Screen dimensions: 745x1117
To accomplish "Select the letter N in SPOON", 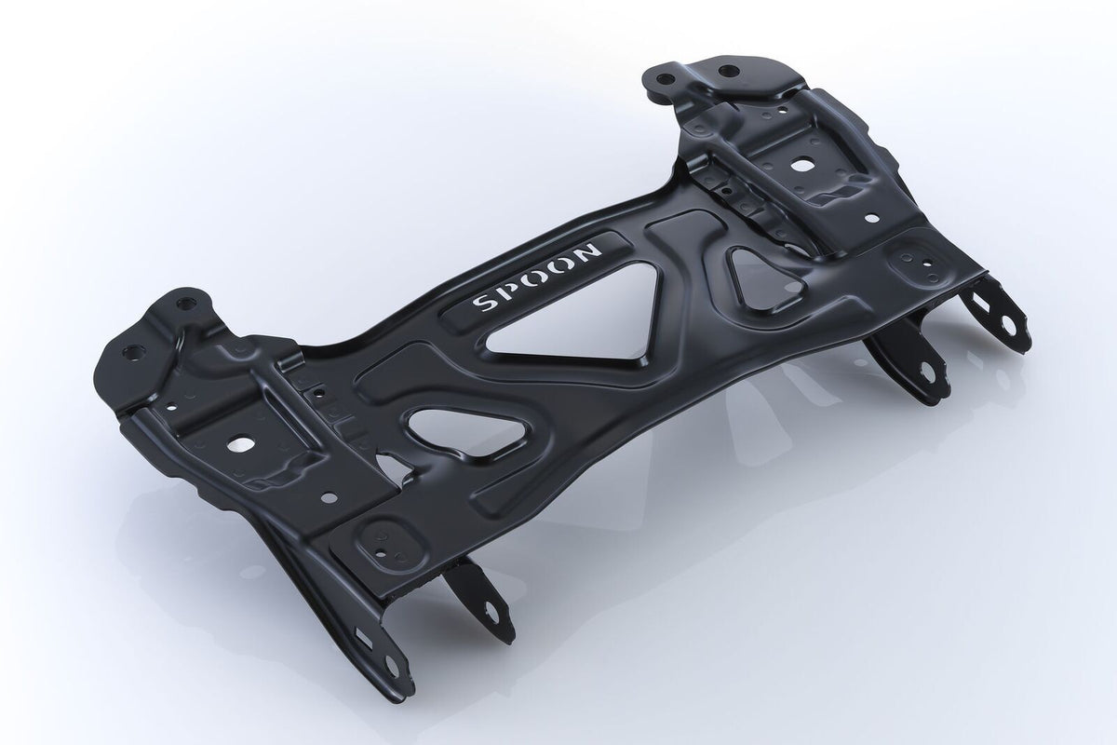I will pyautogui.click(x=591, y=250).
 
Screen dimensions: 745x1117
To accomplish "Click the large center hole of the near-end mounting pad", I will pyautogui.click(x=250, y=443).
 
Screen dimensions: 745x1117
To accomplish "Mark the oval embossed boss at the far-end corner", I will pyautogui.click(x=908, y=264).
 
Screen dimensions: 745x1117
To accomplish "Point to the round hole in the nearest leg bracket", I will pyautogui.click(x=393, y=667).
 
